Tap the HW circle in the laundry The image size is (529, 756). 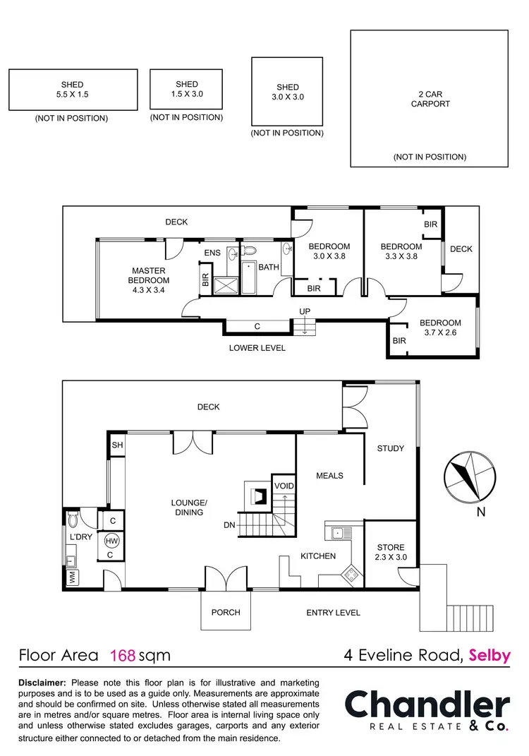pos(111,541)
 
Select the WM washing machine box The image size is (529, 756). pos(72,577)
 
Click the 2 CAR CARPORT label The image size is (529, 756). pos(430,98)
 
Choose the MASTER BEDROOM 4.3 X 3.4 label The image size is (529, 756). pos(148,275)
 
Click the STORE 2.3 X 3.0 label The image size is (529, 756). pos(390,552)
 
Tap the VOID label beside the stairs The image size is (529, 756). pos(284,486)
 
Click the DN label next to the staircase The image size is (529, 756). pos(229,524)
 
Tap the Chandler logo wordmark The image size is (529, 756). pos(426,706)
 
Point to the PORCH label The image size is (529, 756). pos(226,612)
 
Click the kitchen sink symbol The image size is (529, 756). pos(337,533)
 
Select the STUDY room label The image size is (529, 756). pos(390,448)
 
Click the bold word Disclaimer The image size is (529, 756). pos(42,683)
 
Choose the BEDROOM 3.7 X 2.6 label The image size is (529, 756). pos(441,327)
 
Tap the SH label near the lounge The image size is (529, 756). pos(117,445)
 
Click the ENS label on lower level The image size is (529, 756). pos(212,253)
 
